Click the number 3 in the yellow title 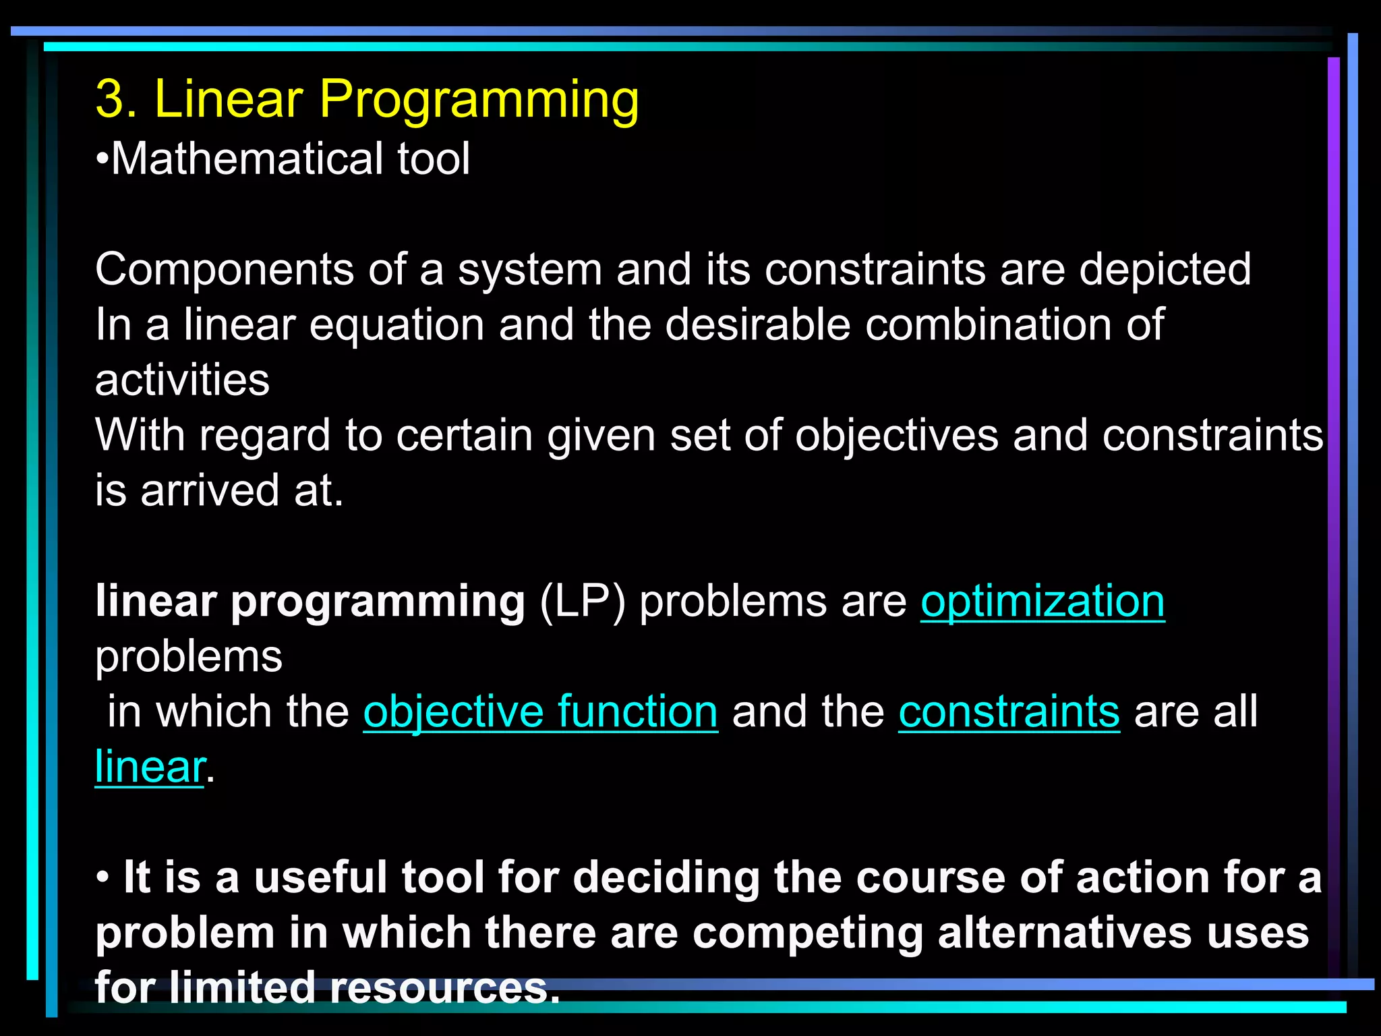tap(111, 99)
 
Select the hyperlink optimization tap(1042, 601)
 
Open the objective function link tap(540, 712)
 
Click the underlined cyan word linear tap(150, 768)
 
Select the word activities tap(182, 380)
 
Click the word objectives tap(896, 436)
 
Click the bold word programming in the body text tap(378, 602)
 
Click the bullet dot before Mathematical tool tap(102, 161)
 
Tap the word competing tap(807, 935)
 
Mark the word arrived tap(209, 491)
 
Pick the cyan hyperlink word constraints tap(1009, 712)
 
